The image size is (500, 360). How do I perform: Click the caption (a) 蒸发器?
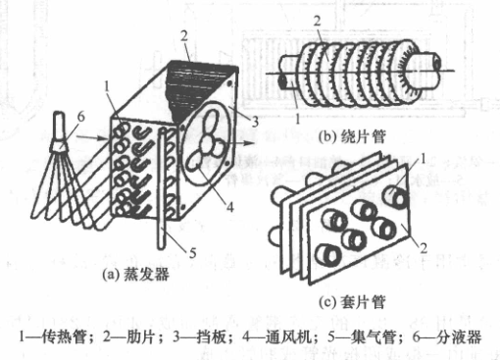(135, 274)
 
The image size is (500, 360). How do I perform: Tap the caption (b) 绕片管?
(352, 136)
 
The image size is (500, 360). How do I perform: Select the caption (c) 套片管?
(352, 302)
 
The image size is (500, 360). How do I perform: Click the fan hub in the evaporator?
(208, 142)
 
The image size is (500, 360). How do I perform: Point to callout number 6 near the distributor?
(80, 117)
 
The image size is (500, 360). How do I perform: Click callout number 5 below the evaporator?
(192, 253)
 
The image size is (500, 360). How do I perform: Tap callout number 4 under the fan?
(230, 207)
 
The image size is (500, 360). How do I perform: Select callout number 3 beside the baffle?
(255, 122)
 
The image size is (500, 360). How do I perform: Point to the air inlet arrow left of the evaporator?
(92, 138)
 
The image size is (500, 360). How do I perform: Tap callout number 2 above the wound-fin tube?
(317, 22)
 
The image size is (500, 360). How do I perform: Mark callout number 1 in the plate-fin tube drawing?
(423, 159)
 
